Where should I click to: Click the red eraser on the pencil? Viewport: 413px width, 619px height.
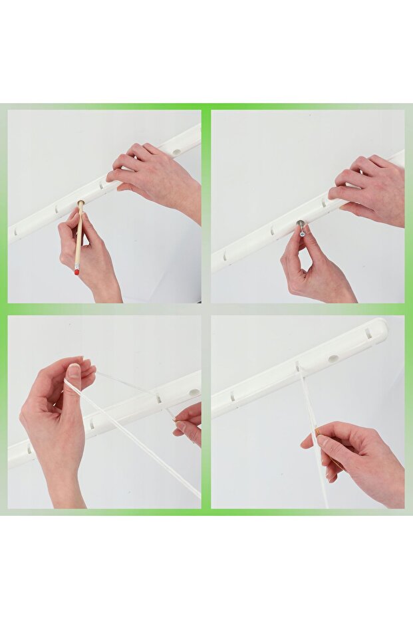(77, 270)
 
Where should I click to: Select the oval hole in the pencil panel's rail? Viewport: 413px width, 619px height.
(177, 152)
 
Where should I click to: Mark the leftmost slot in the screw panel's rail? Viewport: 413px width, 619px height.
(225, 256)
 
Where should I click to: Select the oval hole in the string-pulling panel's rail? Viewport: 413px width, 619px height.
(194, 392)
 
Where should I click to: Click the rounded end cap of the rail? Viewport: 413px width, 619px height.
(379, 328)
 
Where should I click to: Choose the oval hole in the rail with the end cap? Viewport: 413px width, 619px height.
(333, 358)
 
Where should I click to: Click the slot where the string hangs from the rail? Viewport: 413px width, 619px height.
(297, 366)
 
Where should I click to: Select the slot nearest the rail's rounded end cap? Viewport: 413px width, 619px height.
(367, 334)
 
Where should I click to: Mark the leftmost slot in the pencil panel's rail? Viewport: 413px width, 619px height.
(14, 231)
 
